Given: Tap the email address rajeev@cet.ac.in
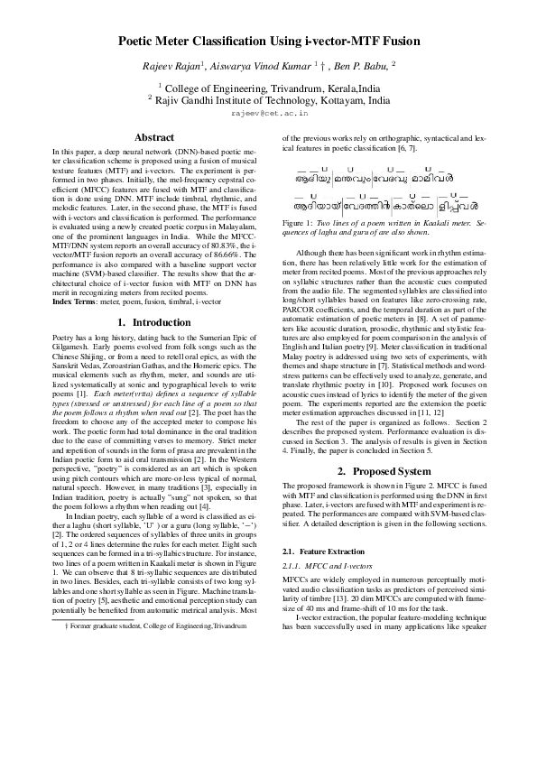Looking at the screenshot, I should coord(268,115).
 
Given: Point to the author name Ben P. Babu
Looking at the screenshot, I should coord(362,67).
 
